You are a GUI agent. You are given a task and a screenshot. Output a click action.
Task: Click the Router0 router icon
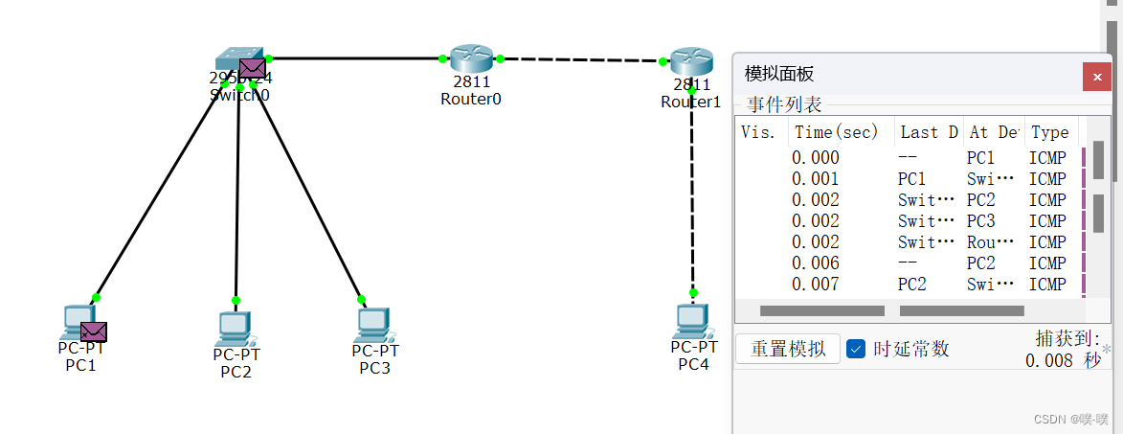click(471, 58)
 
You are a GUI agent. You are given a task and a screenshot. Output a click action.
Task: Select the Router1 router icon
click(691, 61)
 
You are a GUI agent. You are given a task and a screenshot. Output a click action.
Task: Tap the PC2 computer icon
click(235, 329)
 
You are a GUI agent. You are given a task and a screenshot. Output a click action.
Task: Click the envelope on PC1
click(94, 331)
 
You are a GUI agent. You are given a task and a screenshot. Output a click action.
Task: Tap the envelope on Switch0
click(252, 67)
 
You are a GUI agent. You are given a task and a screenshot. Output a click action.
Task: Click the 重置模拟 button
click(788, 349)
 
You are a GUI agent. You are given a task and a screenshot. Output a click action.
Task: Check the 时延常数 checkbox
click(857, 349)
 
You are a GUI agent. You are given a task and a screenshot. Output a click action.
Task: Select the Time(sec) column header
click(836, 132)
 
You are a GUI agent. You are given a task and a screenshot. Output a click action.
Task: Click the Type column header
click(1049, 132)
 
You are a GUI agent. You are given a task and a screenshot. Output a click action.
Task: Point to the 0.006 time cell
click(816, 263)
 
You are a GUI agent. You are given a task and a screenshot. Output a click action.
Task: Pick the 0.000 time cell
click(816, 158)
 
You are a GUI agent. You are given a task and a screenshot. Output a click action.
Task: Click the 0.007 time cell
click(816, 284)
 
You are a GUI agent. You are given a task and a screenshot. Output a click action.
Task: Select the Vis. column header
click(758, 132)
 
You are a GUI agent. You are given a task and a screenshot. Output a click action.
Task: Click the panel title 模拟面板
click(779, 74)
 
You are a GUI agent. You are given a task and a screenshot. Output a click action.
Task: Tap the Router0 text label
click(471, 99)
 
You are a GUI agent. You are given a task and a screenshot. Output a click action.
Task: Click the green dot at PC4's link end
click(693, 292)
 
